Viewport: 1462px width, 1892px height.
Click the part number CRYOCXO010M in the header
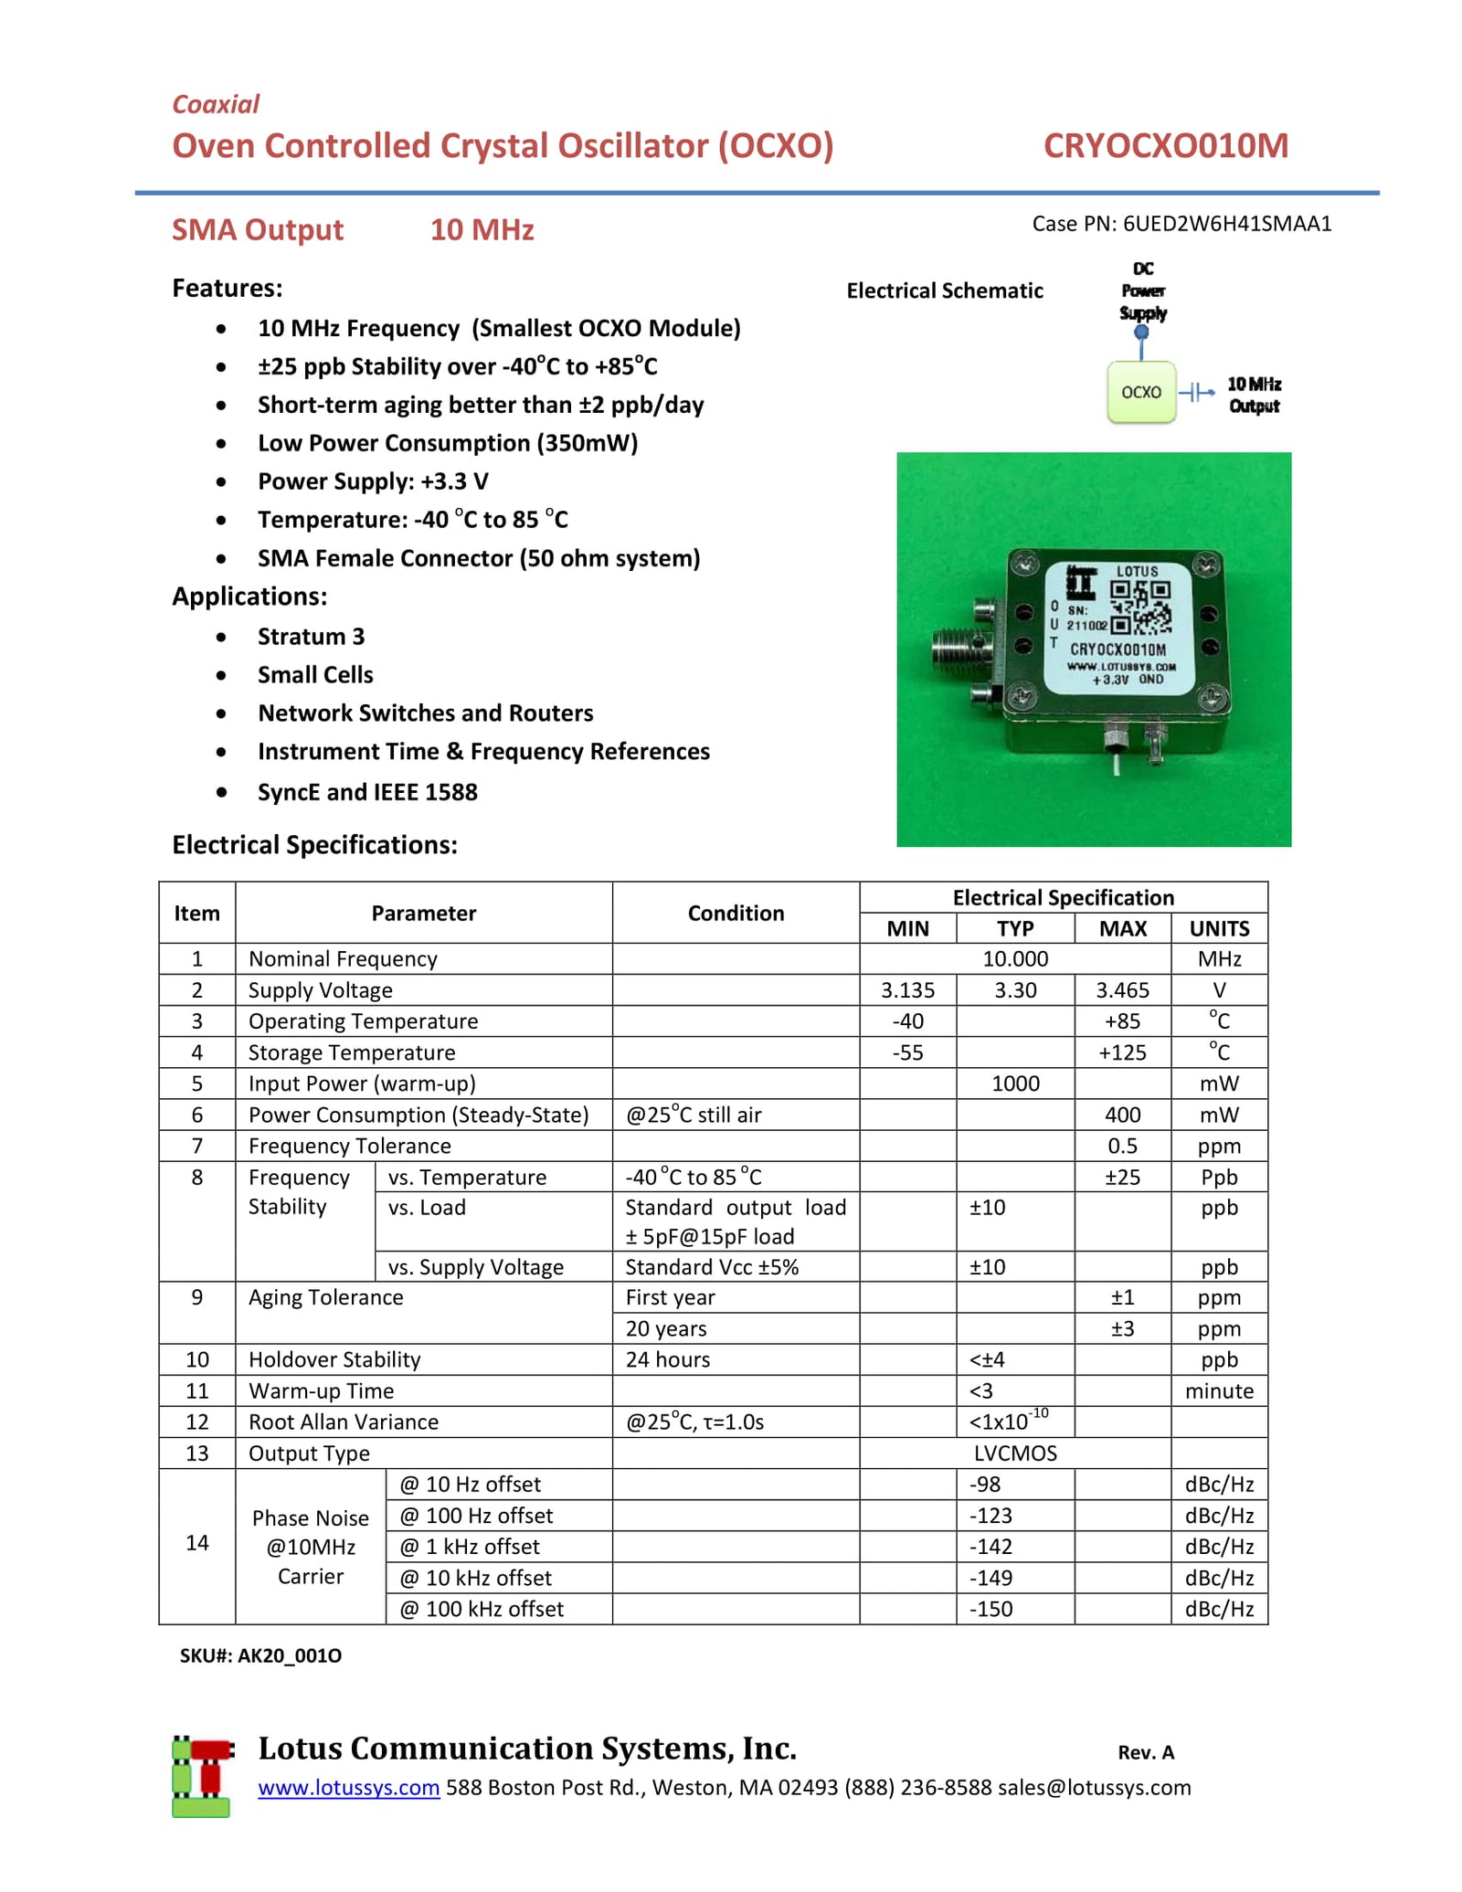coord(1165,146)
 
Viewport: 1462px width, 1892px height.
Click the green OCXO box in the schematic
coord(1140,392)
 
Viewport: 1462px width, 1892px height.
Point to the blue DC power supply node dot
coord(1141,333)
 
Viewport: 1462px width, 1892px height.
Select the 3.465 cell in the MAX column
coord(1122,990)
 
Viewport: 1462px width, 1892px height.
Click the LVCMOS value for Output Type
coord(1014,1453)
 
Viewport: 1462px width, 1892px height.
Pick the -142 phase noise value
coord(991,1547)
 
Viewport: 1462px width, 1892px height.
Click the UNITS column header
coord(1218,928)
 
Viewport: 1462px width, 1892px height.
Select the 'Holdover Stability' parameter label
coord(334,1359)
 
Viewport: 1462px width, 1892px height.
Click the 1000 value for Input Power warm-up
coord(1015,1083)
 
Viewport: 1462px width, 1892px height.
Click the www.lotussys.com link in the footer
coord(348,1788)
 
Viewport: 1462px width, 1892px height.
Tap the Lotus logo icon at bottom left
coord(202,1777)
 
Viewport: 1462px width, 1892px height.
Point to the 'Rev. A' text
coord(1145,1752)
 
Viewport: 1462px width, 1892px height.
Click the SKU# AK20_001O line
coord(260,1655)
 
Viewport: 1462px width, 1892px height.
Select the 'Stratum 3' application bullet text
coord(311,636)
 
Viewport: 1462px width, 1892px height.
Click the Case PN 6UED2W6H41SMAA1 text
coord(1181,224)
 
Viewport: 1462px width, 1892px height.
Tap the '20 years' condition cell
coord(666,1328)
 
